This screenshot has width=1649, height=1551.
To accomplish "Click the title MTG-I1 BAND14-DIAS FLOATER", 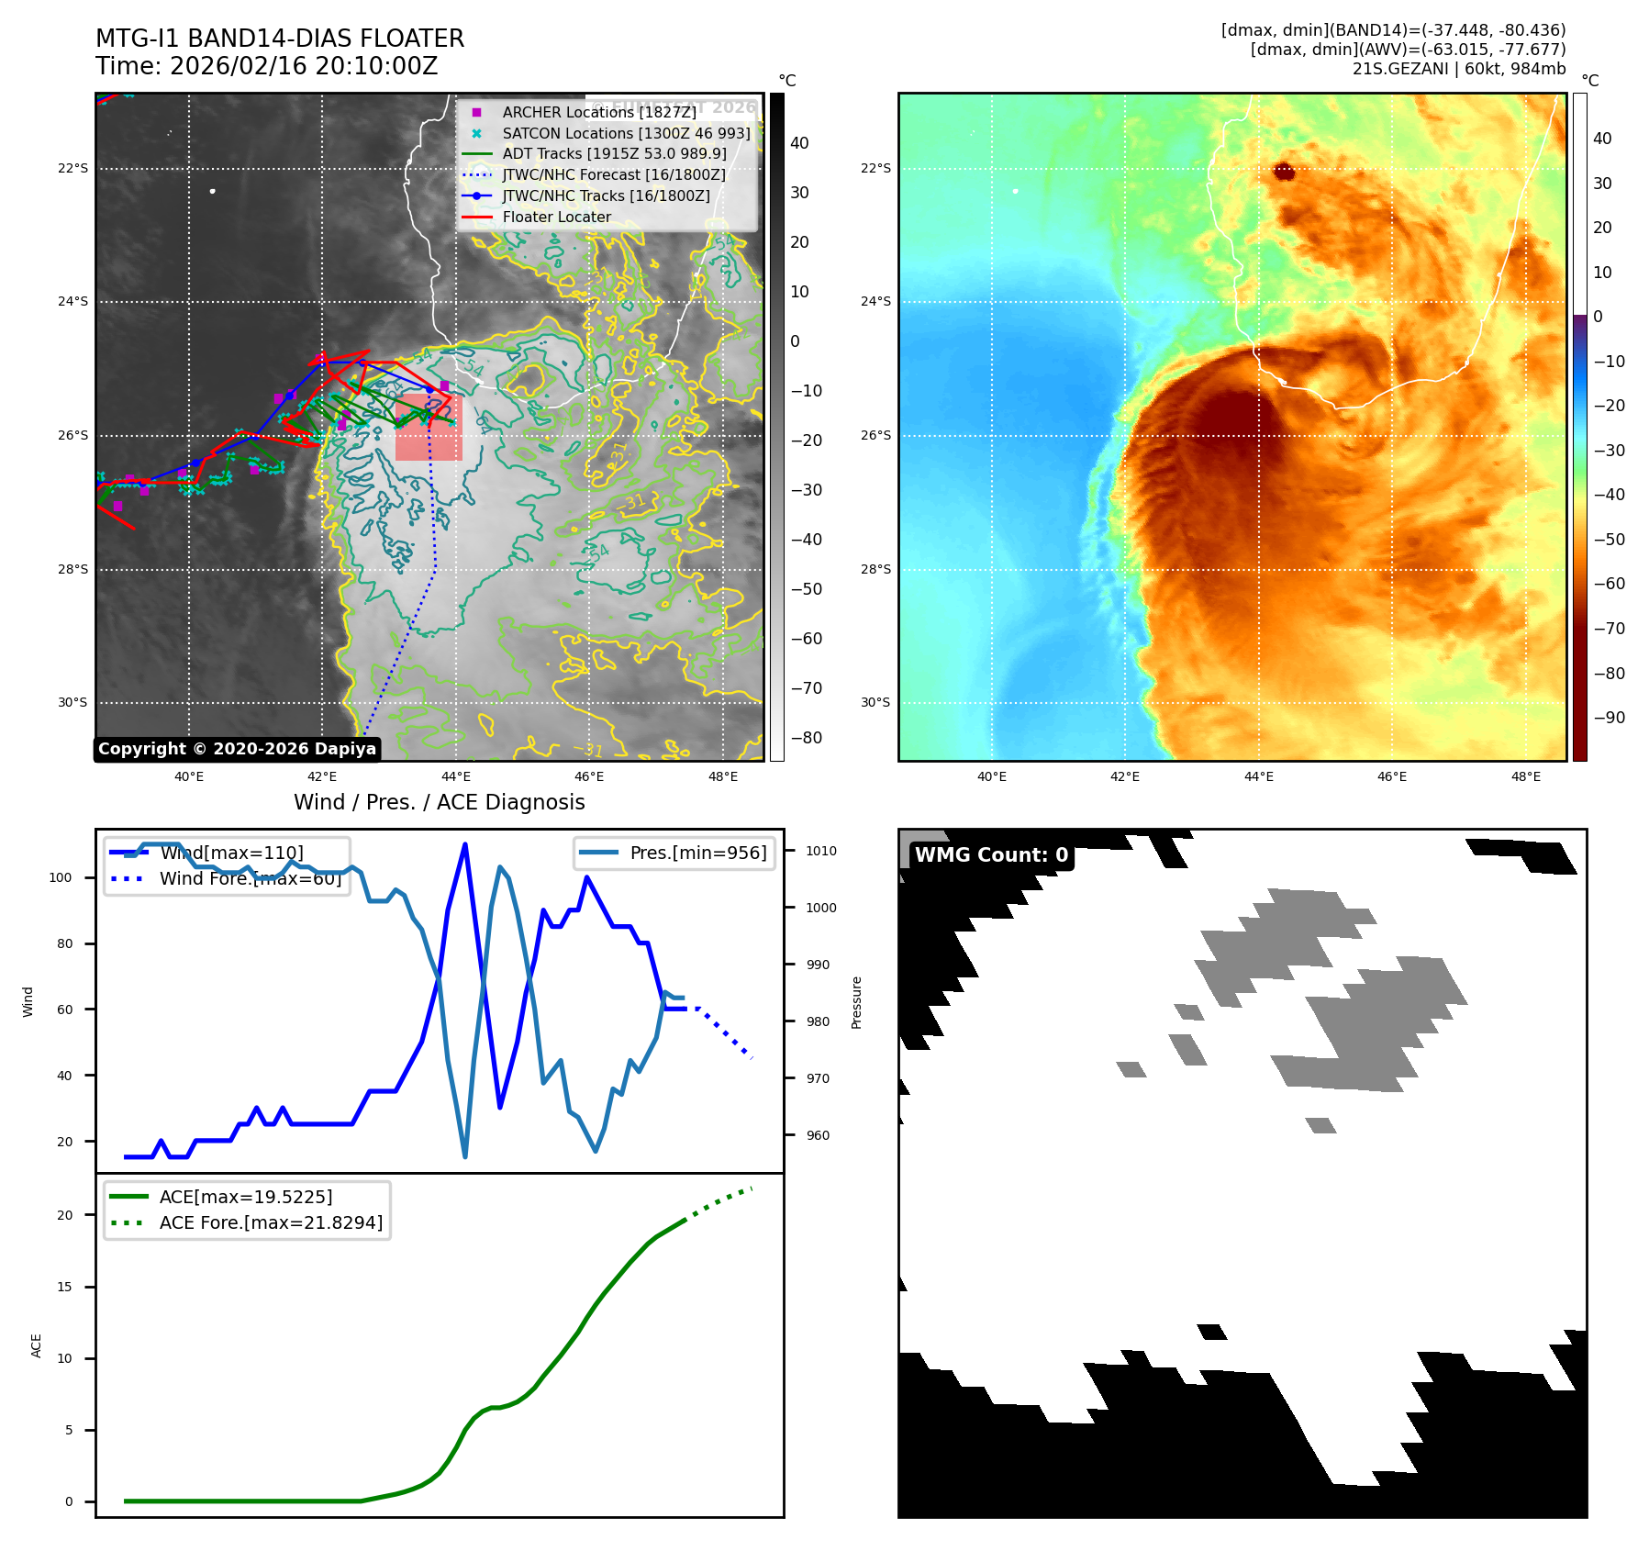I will point(280,39).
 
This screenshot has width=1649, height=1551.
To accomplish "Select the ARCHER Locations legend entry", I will point(598,112).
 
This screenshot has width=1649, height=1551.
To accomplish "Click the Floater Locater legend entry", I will point(556,218).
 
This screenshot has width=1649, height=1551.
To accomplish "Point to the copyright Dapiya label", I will point(237,749).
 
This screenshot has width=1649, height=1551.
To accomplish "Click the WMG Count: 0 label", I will point(991,855).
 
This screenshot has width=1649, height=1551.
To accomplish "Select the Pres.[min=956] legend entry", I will point(697,853).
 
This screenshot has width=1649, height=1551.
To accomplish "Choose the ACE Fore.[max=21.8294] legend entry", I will point(271,1222).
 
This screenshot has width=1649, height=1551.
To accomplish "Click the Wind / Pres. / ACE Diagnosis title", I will point(439,802).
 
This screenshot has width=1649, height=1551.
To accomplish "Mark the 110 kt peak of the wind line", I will point(465,844).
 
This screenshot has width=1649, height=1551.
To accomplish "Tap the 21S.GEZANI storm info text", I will point(1458,69).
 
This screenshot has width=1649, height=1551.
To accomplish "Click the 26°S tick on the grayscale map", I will point(72,435).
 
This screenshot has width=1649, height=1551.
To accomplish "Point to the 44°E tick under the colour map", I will point(1258,776).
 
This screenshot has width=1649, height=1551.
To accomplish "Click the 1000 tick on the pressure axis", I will point(821,908).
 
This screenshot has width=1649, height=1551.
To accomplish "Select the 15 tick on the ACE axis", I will point(64,1287).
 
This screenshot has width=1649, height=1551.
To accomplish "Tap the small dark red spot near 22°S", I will point(1283,172).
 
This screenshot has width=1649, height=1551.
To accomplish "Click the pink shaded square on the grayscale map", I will point(429,428).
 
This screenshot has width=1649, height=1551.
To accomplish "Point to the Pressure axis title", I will point(856,1002).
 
